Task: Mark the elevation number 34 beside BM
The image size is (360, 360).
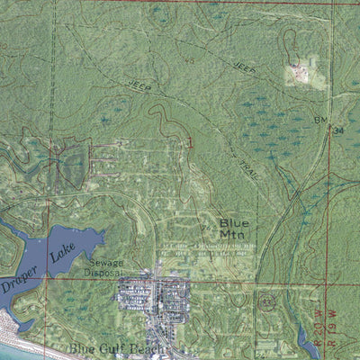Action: tap(338, 130)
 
